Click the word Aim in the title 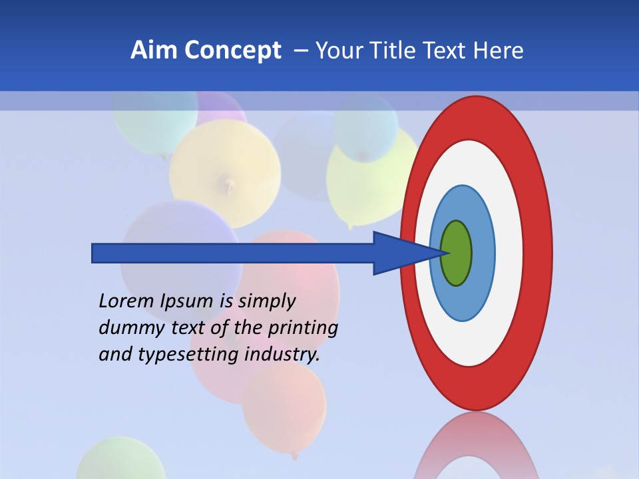(x=152, y=51)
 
